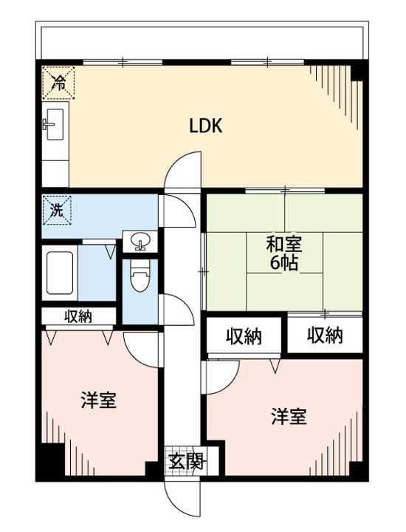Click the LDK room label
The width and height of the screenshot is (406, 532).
point(205,126)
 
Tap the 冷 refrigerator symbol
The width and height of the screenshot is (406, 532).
point(58,83)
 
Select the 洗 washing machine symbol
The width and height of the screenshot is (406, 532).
point(57,211)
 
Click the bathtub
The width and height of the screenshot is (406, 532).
point(60,273)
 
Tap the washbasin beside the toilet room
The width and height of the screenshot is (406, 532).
point(140,240)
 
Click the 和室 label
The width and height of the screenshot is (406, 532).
point(284,245)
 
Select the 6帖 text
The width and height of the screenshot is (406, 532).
point(284,262)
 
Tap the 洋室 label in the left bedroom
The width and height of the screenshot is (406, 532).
point(99,400)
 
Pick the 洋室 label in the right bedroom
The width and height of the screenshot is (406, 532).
point(289,417)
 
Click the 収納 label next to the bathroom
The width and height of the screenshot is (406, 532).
point(78,316)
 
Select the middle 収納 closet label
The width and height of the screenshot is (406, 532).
point(244,337)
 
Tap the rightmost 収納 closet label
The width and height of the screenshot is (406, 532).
point(325,335)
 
